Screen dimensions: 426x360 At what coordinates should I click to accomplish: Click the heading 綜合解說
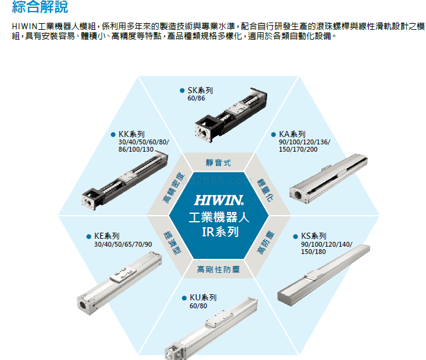tap(40, 7)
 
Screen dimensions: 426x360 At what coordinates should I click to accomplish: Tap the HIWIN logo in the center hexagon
tap(219, 200)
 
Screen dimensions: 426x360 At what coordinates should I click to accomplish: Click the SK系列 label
tap(200, 90)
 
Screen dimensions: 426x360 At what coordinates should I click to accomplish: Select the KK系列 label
tap(131, 135)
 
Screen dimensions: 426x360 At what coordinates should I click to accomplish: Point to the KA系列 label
tap(292, 135)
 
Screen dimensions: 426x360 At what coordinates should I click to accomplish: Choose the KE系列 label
tap(106, 236)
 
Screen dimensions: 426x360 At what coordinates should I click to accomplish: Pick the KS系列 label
tap(313, 236)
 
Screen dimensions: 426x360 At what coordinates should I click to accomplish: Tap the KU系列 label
tap(203, 297)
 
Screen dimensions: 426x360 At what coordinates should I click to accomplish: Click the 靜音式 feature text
tap(218, 163)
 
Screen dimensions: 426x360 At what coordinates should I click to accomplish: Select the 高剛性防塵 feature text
tap(218, 269)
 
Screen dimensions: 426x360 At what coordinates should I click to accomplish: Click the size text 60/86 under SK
tap(196, 99)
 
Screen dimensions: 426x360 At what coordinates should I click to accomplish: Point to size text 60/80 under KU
tap(198, 306)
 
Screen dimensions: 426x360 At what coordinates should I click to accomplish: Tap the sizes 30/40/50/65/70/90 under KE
tap(123, 244)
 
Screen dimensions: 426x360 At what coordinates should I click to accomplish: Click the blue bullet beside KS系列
tap(296, 236)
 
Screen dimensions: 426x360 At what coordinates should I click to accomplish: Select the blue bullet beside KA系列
tap(274, 135)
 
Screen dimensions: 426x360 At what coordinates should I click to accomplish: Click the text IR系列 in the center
tap(220, 232)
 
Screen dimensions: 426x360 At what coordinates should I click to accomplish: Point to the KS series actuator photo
tap(323, 275)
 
